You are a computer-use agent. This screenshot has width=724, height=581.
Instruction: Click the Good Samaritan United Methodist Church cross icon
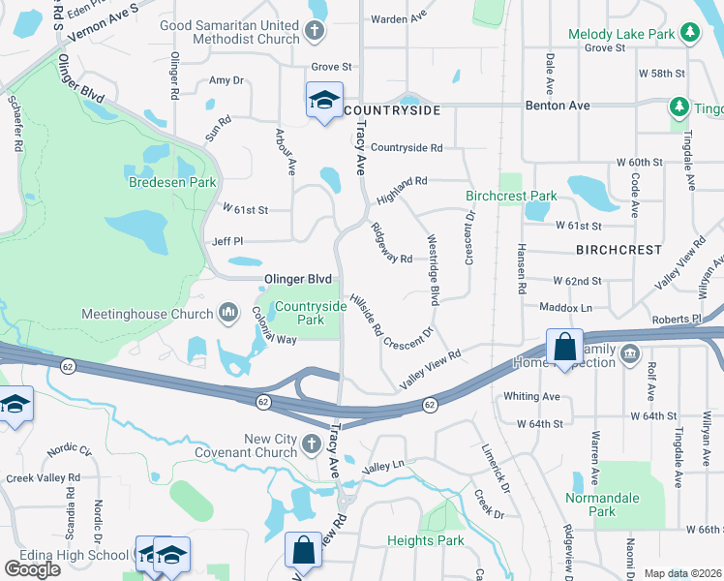coord(314,31)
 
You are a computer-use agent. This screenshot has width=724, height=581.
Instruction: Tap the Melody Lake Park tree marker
coord(689,34)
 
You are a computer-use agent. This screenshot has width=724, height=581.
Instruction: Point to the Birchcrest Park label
coord(511,196)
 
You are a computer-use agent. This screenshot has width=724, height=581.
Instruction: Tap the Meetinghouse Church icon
coord(228,313)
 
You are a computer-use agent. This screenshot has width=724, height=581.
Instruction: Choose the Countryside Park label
coord(310,313)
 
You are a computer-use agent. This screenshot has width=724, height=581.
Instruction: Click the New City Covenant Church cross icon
coord(312,445)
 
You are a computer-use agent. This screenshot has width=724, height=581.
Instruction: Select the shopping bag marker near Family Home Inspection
coord(563,348)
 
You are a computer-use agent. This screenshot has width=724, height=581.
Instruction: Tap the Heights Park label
coord(425,540)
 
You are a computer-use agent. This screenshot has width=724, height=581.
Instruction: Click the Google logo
coord(32,569)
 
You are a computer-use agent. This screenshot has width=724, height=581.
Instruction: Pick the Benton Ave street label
coord(557,104)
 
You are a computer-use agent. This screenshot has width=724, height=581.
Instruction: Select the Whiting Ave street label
coord(531,397)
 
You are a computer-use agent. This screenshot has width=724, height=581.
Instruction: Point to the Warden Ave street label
coord(398,18)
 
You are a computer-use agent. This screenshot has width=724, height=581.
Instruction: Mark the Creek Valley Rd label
coord(43,478)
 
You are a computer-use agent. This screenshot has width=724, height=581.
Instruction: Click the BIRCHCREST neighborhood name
coord(618,250)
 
